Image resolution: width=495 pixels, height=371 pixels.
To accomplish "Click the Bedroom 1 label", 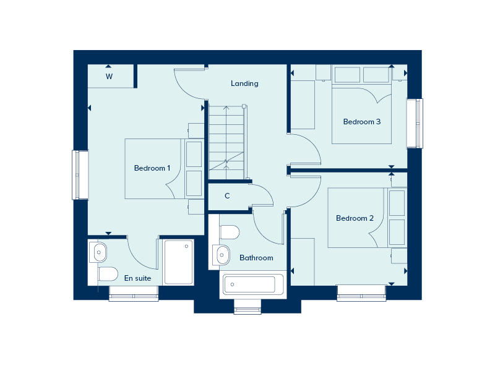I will (152, 168).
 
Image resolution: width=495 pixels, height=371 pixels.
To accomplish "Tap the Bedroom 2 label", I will (355, 218).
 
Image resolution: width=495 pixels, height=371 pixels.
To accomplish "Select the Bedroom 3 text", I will (362, 122).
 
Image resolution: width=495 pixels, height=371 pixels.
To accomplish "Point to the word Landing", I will (244, 83).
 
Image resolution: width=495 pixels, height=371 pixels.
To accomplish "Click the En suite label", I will (137, 278).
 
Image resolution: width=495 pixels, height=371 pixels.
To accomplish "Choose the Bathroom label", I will (256, 258).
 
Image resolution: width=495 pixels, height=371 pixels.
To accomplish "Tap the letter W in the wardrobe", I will (109, 77).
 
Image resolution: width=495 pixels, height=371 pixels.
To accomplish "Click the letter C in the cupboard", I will (227, 196).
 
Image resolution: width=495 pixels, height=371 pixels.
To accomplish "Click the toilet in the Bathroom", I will (230, 233).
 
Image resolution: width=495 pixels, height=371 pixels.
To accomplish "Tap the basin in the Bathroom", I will (221, 254).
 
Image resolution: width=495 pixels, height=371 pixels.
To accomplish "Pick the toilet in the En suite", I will (108, 273).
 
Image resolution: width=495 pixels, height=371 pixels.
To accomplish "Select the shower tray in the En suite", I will (178, 262).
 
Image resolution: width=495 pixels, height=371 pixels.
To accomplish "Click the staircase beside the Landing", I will (226, 142).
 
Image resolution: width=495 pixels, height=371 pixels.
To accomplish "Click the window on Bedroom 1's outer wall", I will (80, 174).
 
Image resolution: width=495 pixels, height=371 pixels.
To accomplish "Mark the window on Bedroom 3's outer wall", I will (414, 123).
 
